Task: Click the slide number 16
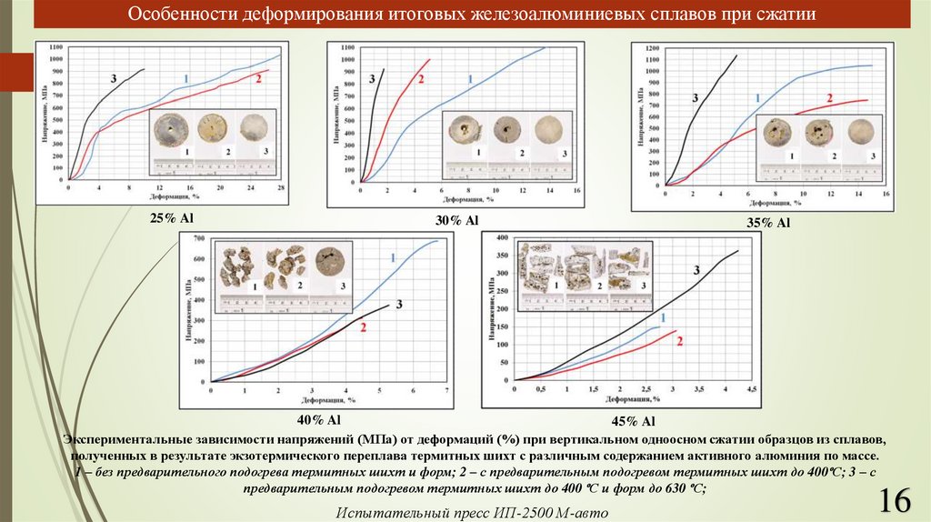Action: (896, 499)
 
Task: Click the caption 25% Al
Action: (173, 218)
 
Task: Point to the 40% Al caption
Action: (318, 419)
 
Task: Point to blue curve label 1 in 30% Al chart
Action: (469, 80)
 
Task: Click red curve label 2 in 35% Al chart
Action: (829, 98)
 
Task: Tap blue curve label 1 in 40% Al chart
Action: (393, 258)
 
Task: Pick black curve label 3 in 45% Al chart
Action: (696, 269)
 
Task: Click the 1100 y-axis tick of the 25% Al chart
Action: (56, 45)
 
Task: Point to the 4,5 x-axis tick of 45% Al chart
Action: (753, 389)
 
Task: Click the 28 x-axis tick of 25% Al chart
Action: (281, 186)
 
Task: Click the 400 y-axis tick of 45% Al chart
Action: (500, 237)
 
